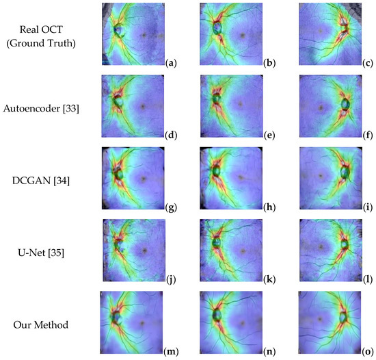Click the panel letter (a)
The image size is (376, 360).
(x=172, y=62)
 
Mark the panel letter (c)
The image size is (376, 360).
(x=368, y=62)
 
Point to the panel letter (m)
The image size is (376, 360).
(x=172, y=351)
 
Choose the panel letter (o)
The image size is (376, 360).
(x=368, y=351)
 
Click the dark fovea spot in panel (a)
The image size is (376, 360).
(x=143, y=33)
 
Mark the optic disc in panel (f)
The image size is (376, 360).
(x=344, y=105)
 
